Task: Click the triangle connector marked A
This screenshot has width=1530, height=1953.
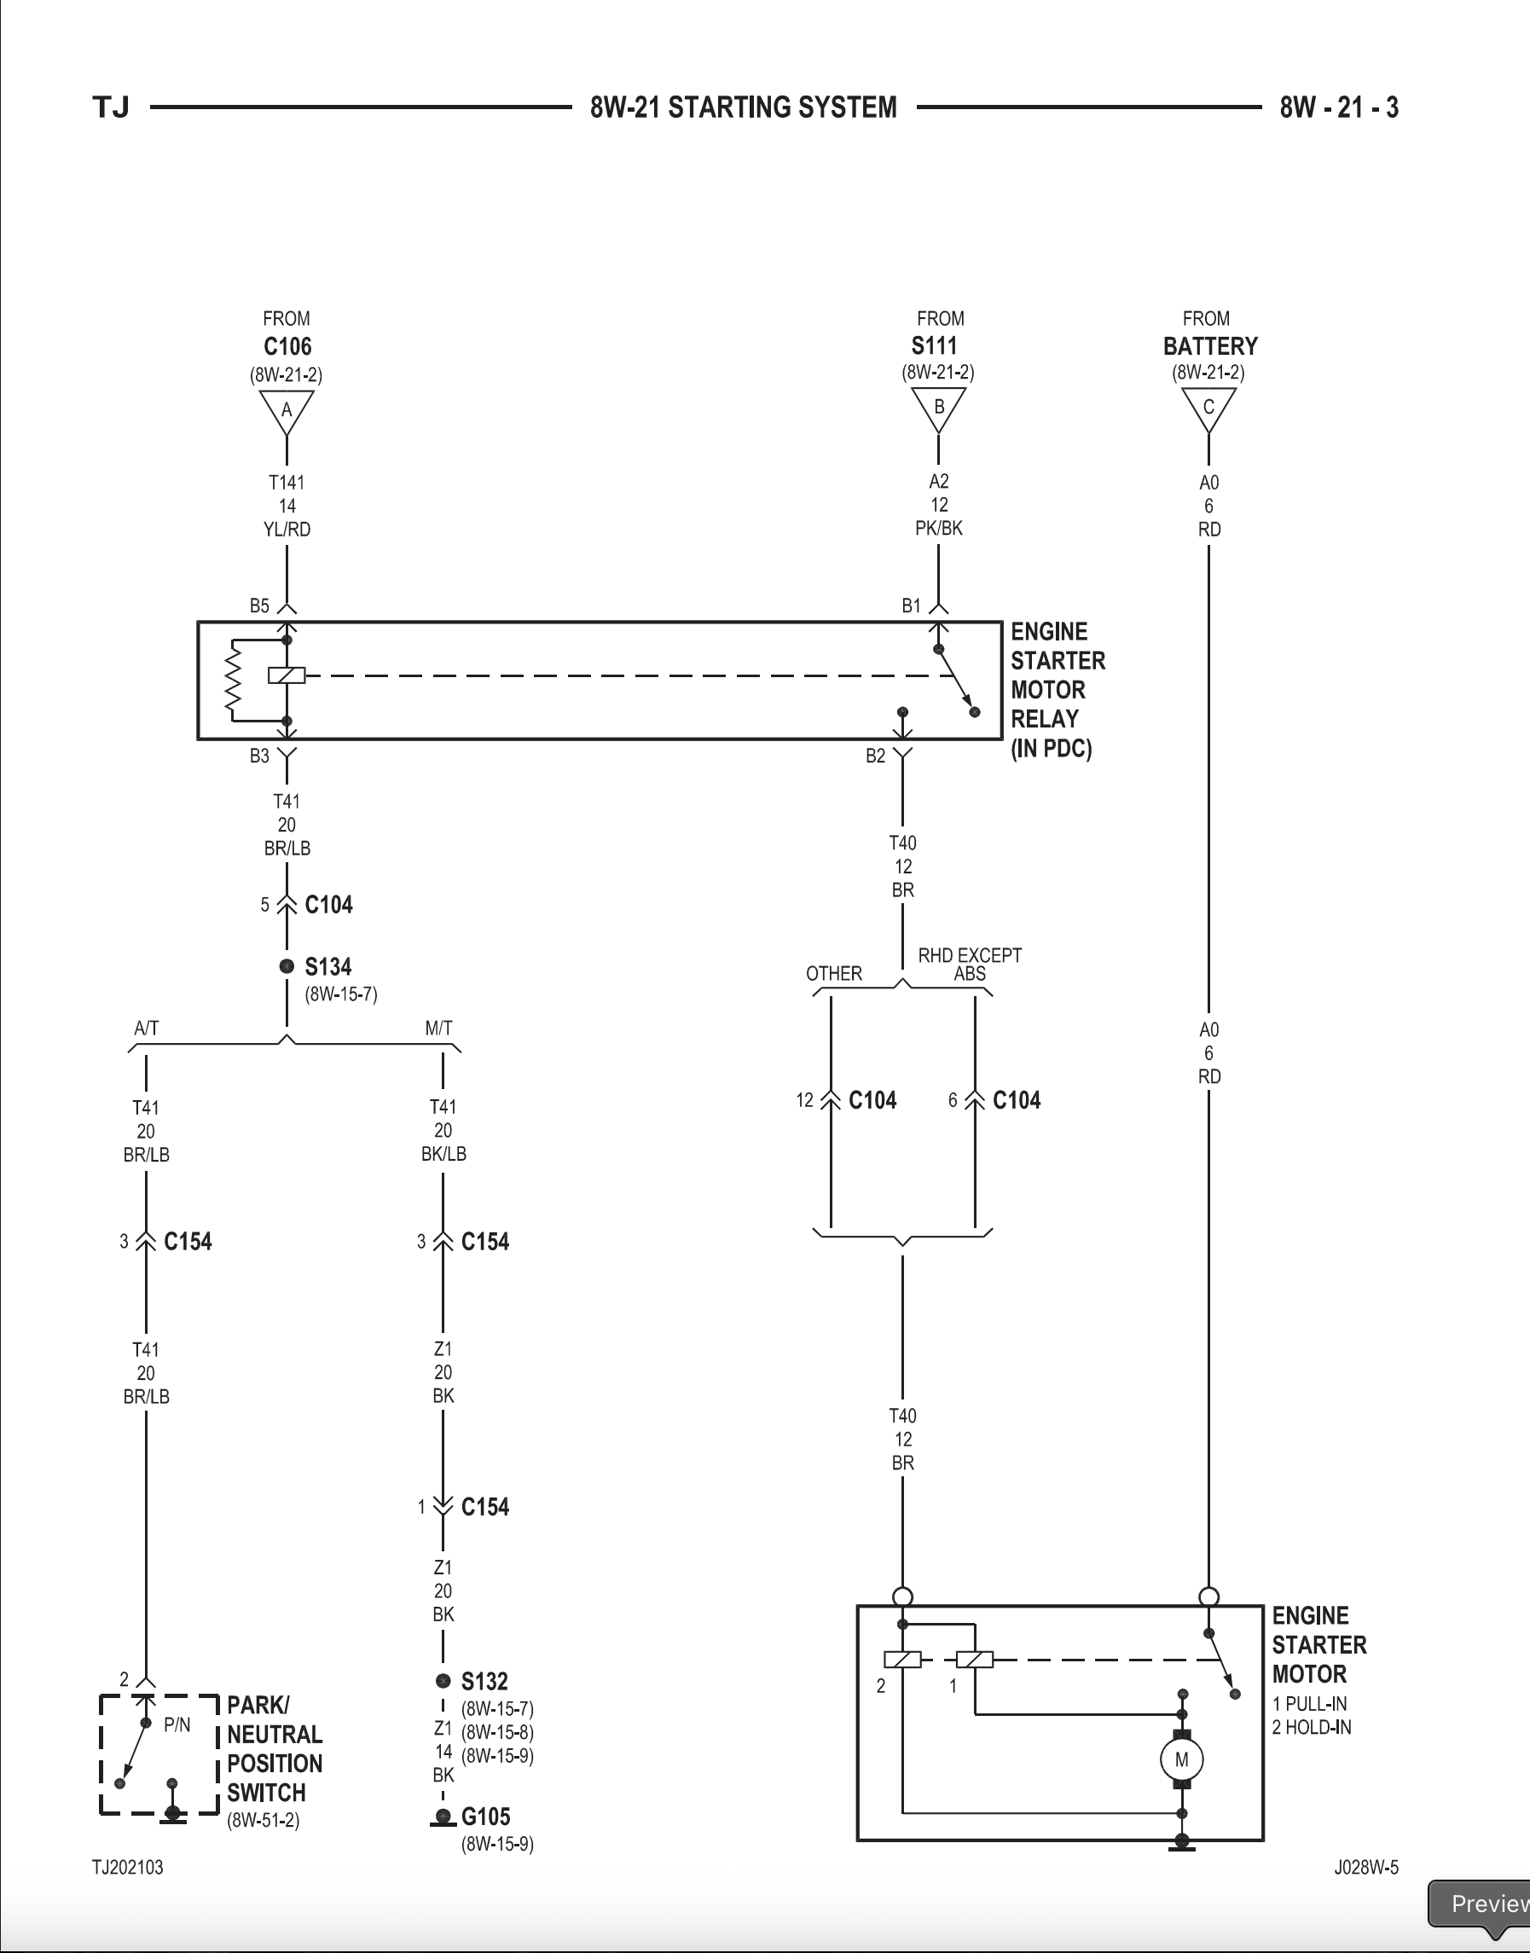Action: [x=287, y=410]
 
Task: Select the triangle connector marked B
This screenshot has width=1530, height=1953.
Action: [x=939, y=408]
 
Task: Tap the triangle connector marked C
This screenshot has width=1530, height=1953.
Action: [x=1208, y=408]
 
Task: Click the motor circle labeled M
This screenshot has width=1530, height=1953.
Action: [x=1181, y=1759]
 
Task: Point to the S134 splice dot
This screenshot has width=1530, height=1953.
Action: [x=287, y=965]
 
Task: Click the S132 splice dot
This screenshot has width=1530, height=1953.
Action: [x=443, y=1681]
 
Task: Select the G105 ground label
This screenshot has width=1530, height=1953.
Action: [x=485, y=1816]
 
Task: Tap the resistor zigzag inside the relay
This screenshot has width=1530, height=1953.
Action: [x=234, y=680]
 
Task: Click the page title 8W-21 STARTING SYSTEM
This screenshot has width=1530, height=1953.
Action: [x=743, y=107]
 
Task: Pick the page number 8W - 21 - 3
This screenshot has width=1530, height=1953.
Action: [x=1338, y=107]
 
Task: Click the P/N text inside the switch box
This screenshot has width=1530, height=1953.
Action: [x=177, y=1724]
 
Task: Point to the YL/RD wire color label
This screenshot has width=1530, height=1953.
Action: [x=287, y=530]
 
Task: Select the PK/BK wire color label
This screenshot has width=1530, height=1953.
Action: [x=939, y=529]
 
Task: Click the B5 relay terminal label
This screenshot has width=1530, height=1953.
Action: [x=259, y=606]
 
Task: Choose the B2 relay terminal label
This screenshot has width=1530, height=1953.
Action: [x=875, y=756]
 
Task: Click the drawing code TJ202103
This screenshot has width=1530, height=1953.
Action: [x=128, y=1867]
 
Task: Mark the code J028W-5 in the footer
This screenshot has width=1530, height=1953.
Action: [x=1365, y=1867]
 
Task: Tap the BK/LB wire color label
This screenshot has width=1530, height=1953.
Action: [x=443, y=1154]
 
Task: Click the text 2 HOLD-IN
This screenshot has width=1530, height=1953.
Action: [x=1312, y=1726]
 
